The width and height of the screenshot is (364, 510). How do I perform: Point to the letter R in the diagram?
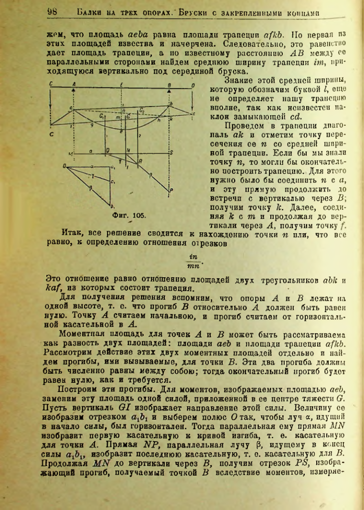point(140,162)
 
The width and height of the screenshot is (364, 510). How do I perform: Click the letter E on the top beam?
point(123,85)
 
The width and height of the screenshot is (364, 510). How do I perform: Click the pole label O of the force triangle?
point(64,165)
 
